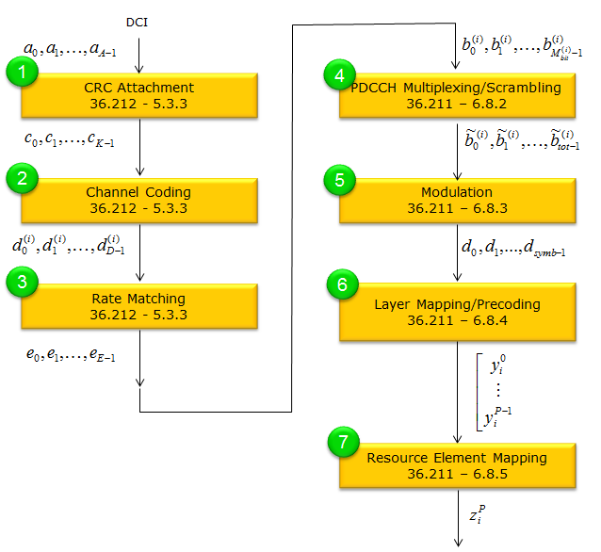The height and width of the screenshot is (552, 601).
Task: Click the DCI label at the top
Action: point(137,23)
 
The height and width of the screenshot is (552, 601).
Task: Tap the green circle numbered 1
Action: point(22,72)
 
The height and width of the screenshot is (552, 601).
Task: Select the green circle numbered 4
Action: point(340,74)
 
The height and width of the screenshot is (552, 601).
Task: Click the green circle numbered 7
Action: point(344,442)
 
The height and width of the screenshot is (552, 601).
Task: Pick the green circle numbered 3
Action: point(22,282)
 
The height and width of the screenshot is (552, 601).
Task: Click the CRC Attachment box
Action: point(139,95)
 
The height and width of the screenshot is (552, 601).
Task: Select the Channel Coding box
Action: point(139,201)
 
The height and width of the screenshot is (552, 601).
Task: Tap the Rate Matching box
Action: point(139,306)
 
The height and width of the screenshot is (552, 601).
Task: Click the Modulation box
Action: point(457,201)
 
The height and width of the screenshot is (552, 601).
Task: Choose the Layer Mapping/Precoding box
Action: point(457,312)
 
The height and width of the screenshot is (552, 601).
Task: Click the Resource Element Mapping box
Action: point(457,465)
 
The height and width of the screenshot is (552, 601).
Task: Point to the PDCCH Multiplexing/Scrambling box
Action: point(457,95)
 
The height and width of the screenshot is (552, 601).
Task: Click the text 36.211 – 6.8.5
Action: point(457,474)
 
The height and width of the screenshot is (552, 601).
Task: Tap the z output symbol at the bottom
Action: point(478,514)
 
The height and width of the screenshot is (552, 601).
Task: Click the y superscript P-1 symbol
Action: point(497,416)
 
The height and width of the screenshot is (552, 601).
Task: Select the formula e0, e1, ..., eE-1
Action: point(71,354)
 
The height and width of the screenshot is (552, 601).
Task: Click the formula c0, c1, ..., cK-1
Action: point(70,138)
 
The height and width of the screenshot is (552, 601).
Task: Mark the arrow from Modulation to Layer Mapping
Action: point(457,252)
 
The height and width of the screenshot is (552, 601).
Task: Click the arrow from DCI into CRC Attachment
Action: point(139,56)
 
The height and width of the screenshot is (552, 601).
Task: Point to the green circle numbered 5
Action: point(340,180)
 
